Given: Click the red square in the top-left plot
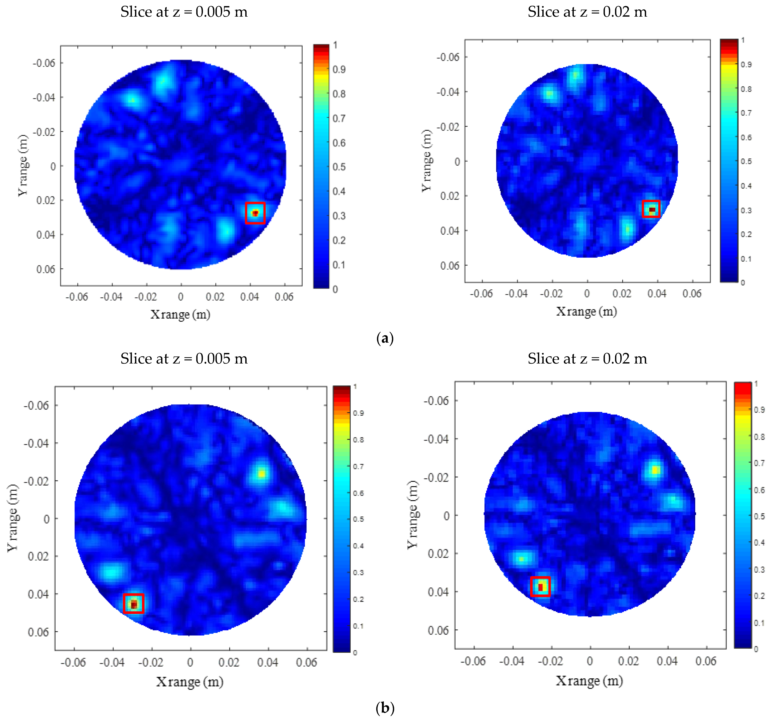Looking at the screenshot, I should coord(255,213).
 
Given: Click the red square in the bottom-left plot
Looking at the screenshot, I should coord(133,603).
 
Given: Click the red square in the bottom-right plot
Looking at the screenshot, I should coord(540,586).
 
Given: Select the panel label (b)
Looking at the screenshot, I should coord(385,708).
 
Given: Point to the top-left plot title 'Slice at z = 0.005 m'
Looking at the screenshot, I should coord(184,12).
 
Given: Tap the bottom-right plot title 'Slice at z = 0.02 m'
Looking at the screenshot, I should coord(587,359).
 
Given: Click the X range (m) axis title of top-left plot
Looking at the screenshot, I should coord(180,314).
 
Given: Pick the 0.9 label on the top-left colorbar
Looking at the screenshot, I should coord(339,70).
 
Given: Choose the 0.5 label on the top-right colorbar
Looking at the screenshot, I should coord(746,161).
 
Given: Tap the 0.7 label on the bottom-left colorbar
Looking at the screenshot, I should coord(358,466).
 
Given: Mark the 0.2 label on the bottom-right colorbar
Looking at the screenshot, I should coord(759,596).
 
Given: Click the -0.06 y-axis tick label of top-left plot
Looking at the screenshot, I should coord(44,63).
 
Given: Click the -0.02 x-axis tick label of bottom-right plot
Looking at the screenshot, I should coord(551,661).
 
